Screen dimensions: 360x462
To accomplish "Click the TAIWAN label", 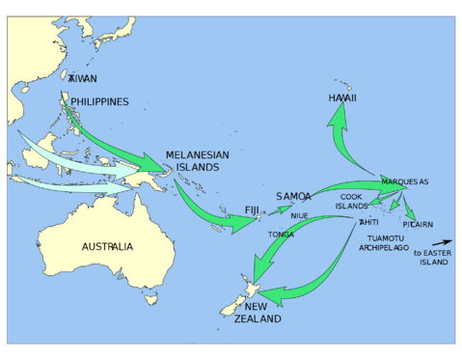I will (x=83, y=79).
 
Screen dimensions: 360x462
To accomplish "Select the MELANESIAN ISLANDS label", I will (x=198, y=160).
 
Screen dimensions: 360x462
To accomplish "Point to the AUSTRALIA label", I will (x=107, y=247).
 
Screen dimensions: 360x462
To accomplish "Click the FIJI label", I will (x=252, y=209).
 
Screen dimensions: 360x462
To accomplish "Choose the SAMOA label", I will (x=293, y=196).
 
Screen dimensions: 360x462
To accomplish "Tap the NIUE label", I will (x=299, y=216).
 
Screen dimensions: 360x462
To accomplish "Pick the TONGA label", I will (x=282, y=235).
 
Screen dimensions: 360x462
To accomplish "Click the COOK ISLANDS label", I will (x=352, y=201).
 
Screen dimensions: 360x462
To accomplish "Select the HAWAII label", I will (x=342, y=98).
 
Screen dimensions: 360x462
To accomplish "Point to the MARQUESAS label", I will (x=404, y=181).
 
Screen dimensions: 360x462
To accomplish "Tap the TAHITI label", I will (x=368, y=223).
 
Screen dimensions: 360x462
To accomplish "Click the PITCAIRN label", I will (x=418, y=224).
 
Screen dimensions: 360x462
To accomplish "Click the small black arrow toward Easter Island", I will (x=441, y=242).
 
